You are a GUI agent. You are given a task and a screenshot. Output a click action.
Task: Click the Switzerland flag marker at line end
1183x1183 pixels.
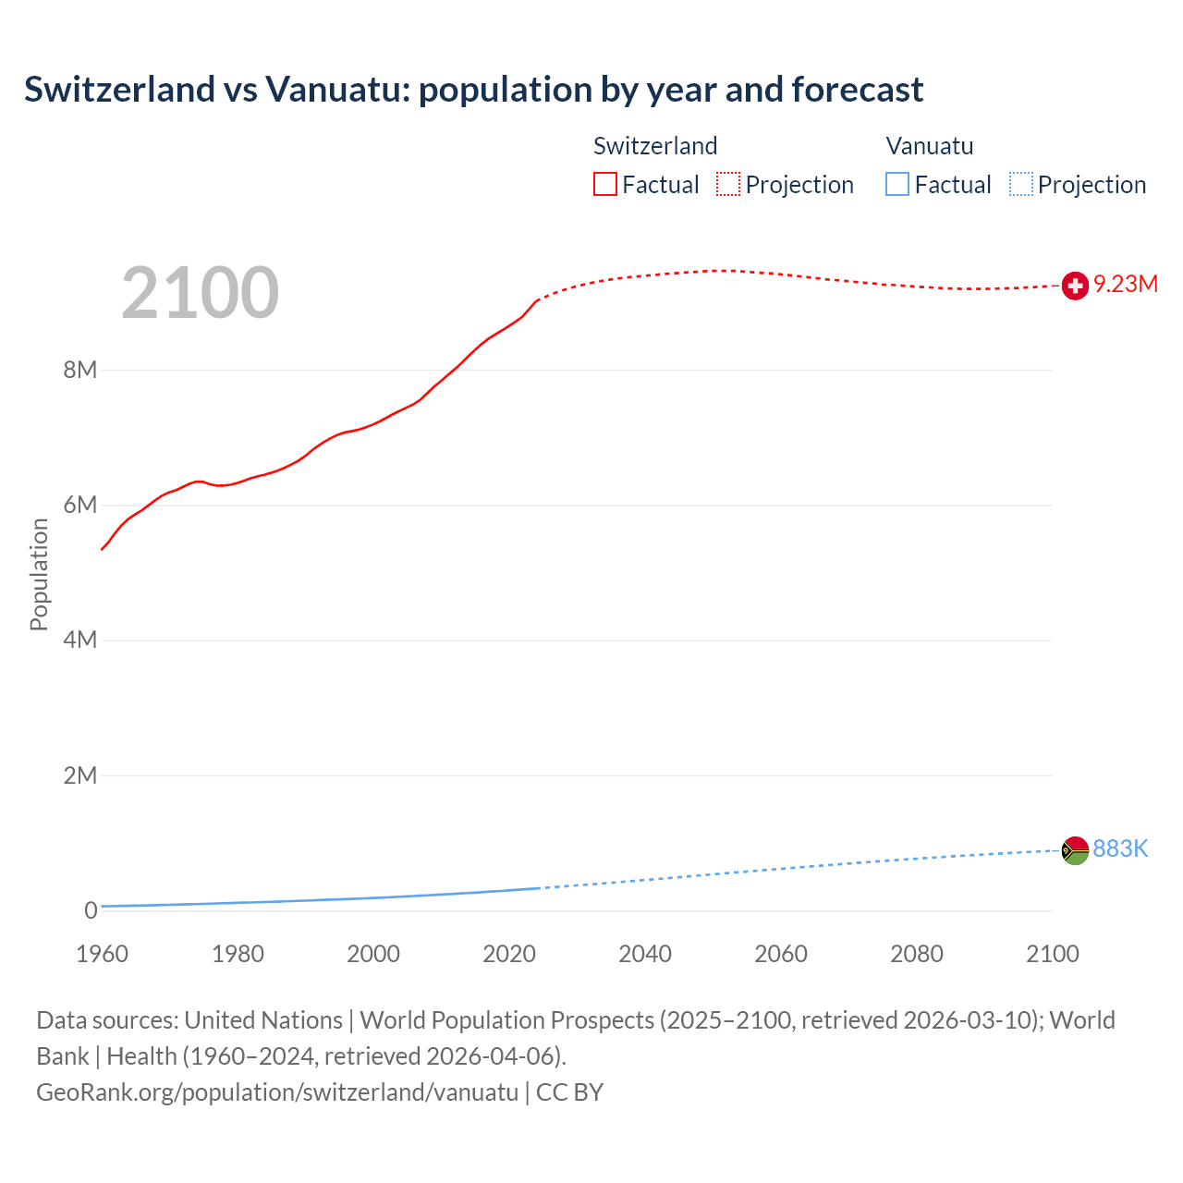coord(1075,286)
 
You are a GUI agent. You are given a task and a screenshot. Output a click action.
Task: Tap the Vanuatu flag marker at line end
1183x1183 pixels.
coord(1075,850)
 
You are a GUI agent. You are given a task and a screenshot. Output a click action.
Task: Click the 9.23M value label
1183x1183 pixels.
coord(1126,284)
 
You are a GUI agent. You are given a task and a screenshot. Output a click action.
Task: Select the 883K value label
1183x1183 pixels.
coord(1120,848)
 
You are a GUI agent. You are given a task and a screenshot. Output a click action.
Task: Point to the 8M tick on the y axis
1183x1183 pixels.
coord(79,371)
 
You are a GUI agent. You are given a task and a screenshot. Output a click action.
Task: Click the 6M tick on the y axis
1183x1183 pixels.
coord(79,506)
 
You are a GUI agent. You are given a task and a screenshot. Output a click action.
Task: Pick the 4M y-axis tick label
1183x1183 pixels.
coord(79,640)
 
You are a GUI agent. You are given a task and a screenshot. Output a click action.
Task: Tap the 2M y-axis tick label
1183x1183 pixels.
coord(79,775)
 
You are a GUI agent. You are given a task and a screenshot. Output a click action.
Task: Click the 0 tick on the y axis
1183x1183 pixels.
coord(91,910)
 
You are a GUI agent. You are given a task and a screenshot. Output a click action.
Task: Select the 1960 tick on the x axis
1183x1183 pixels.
coord(102,954)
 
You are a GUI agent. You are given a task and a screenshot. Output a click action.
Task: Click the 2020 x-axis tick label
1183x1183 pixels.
coord(509,954)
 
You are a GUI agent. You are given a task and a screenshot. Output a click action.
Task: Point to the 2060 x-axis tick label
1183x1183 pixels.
coord(781,954)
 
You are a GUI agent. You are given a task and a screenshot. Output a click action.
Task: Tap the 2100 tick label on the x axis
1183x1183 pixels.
coord(1052,954)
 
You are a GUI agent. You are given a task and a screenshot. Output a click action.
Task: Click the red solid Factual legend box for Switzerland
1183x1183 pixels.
coord(605,185)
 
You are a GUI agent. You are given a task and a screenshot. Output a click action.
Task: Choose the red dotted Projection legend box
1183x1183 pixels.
coord(728,185)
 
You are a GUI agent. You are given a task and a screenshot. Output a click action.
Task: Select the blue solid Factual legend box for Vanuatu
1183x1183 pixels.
coord(897,185)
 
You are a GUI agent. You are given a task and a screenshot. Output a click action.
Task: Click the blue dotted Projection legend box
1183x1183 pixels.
coord(1021,185)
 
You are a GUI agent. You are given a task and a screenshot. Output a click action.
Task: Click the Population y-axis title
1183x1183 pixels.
coord(39,574)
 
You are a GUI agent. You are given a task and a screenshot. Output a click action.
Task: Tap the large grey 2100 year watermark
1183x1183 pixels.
coord(200,293)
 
